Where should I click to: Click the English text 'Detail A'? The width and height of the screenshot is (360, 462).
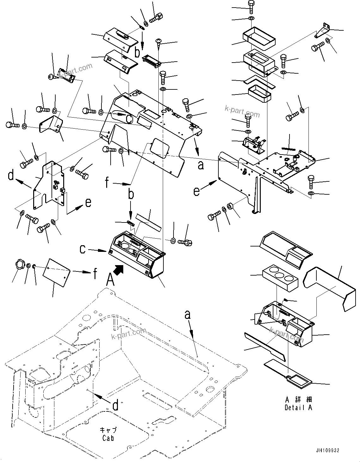click(x=298, y=408)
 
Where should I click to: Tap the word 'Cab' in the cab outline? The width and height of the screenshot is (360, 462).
click(x=108, y=438)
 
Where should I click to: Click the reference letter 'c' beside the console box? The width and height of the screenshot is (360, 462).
click(x=82, y=250)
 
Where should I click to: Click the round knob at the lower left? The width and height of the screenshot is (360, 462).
click(x=20, y=264)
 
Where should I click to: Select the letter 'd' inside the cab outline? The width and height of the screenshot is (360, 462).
click(x=116, y=405)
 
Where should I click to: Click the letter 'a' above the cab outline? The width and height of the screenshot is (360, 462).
click(x=188, y=315)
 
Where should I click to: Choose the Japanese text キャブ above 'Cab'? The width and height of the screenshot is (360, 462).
click(x=108, y=430)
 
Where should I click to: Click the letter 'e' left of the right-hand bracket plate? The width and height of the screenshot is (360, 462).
click(x=197, y=191)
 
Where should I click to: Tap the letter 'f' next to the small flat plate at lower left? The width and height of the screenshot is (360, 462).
click(x=95, y=274)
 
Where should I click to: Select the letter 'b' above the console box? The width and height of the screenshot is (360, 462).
click(x=131, y=194)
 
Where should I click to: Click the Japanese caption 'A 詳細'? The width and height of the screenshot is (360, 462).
click(x=298, y=400)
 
